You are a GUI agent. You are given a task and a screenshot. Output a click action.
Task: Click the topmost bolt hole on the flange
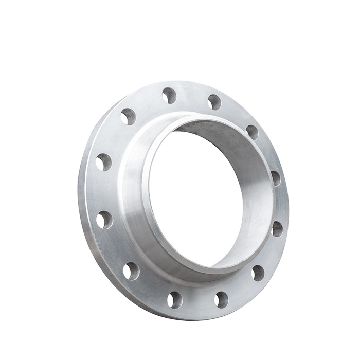(169, 95)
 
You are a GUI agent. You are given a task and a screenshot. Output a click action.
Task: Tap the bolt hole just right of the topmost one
(214, 102)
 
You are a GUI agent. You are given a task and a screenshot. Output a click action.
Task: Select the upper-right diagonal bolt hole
(252, 132)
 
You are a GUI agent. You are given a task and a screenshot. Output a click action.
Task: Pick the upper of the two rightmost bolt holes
(276, 178)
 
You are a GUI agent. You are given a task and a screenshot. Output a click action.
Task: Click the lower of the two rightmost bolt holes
(277, 229)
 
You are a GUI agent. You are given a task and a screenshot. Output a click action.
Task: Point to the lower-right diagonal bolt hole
(258, 273)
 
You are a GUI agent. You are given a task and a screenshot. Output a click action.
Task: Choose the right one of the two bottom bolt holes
(221, 299)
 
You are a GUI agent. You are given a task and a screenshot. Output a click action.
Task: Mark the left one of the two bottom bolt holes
(175, 299)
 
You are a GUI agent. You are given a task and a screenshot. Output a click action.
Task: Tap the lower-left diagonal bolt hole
(131, 271)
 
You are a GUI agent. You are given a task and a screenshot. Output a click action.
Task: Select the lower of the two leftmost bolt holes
(104, 220)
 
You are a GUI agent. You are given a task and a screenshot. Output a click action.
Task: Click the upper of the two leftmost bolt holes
(103, 162)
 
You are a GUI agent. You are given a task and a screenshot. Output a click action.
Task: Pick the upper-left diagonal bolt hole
(128, 116)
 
